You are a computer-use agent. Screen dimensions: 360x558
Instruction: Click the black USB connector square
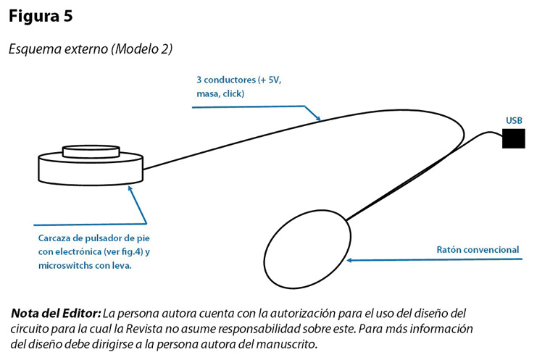coord(514,138)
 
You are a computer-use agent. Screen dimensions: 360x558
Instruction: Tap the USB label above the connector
coord(514,120)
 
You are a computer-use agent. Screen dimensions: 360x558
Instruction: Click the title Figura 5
coord(41,17)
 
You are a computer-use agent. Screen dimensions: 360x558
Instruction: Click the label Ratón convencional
coord(478,250)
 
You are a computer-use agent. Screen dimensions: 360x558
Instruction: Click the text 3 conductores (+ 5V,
coord(238,80)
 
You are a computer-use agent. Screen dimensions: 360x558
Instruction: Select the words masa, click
coord(220,94)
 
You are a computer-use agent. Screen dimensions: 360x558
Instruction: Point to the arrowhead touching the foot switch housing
coord(130,188)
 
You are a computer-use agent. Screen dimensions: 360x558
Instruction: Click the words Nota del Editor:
coord(56,314)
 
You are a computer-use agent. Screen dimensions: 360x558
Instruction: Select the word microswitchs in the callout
coord(66,267)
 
